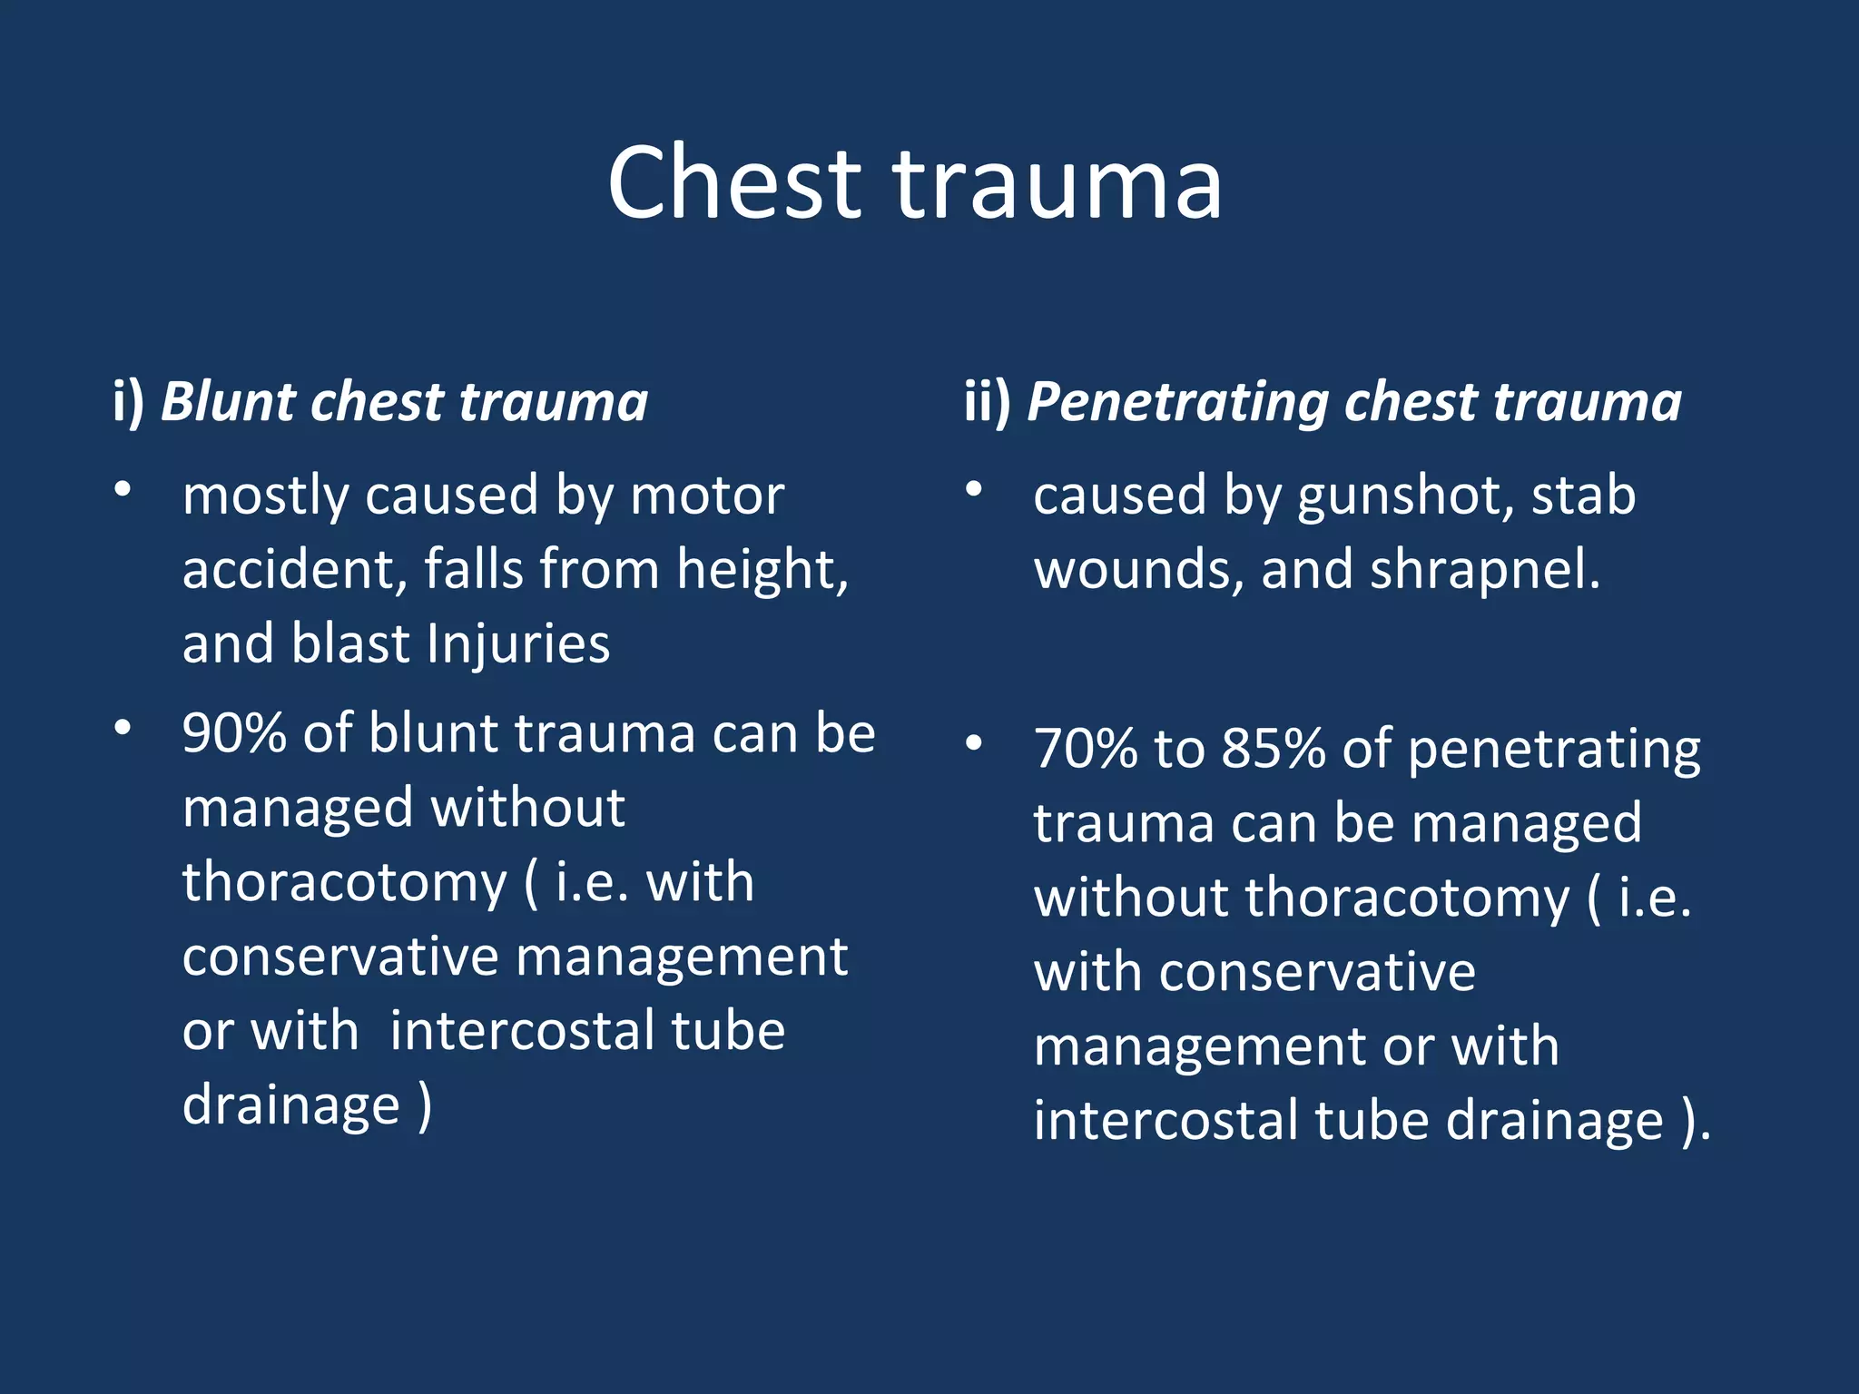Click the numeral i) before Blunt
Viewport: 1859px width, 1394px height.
click(x=129, y=401)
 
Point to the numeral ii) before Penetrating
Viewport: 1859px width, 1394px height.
click(x=987, y=401)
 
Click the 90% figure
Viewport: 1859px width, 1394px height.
click(x=234, y=733)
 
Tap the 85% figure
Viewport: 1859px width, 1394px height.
click(x=1274, y=750)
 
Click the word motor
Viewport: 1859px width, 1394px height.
click(x=707, y=496)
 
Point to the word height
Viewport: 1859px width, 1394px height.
click(x=761, y=570)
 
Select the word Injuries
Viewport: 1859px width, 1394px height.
click(x=518, y=644)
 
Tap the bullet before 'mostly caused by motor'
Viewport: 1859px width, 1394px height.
click(x=123, y=490)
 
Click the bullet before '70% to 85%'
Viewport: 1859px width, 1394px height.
click(x=974, y=743)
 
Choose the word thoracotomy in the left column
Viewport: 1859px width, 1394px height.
click(x=344, y=882)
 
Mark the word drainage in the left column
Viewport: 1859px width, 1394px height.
click(x=290, y=1105)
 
